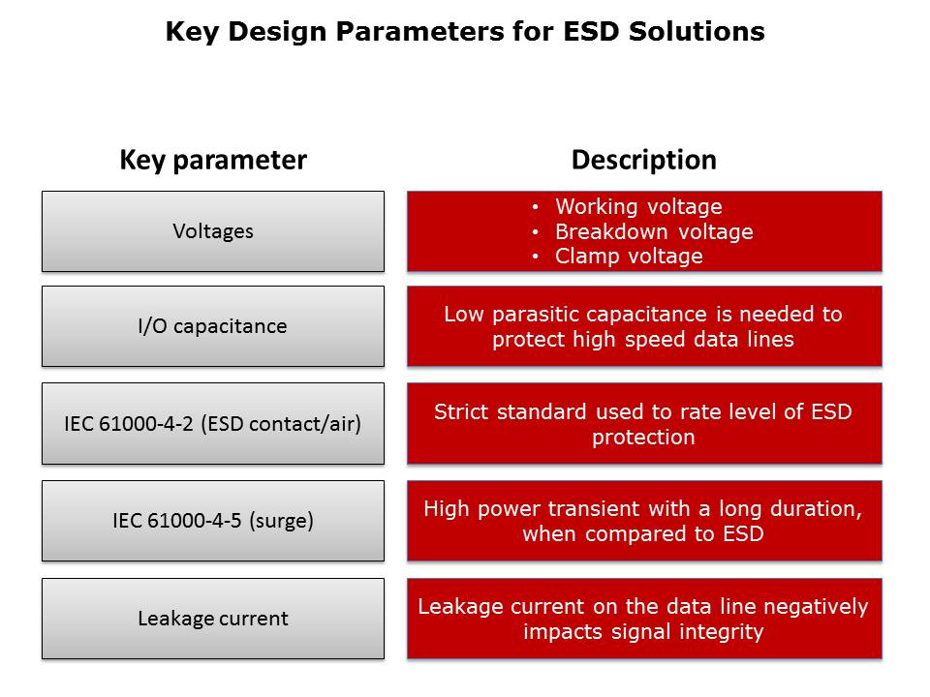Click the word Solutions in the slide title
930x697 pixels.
[697, 31]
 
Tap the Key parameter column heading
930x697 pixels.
[213, 160]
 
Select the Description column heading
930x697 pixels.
[643, 160]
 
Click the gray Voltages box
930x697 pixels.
[213, 231]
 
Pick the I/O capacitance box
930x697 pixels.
[213, 326]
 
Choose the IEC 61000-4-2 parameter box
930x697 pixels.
[213, 423]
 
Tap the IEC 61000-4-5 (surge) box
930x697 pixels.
[213, 521]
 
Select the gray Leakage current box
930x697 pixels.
[213, 619]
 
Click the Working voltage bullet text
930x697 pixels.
[638, 206]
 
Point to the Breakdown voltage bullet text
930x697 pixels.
[654, 231]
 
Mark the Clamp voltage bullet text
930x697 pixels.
[629, 256]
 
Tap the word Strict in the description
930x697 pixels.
[459, 411]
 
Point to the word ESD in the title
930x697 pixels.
[590, 31]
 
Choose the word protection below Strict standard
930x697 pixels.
[643, 438]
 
